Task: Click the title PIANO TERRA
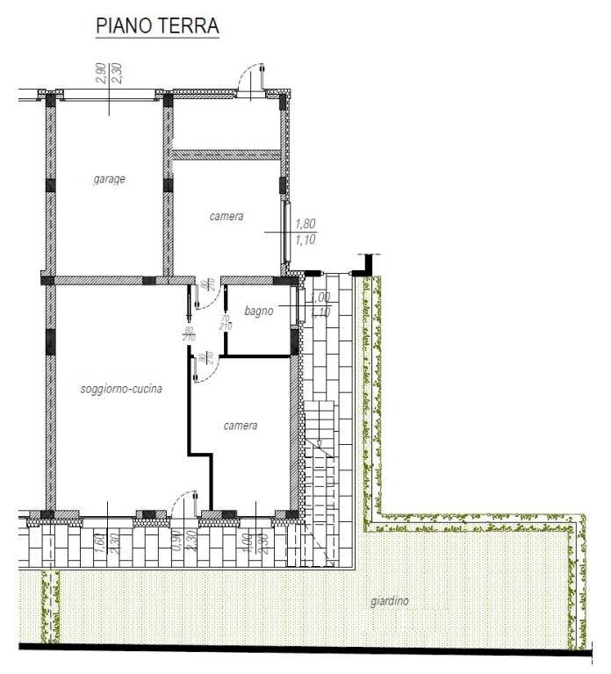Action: click(156, 26)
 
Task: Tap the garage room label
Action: click(110, 180)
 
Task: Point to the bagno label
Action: click(259, 311)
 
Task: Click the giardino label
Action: click(388, 602)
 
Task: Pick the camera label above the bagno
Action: click(226, 216)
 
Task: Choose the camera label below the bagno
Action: click(240, 426)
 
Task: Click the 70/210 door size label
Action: click(226, 321)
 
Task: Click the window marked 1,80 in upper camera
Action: click(286, 231)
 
